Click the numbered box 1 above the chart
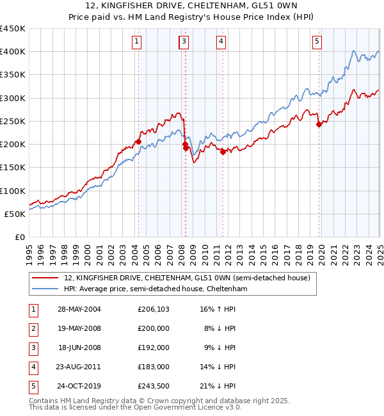pyautogui.click(x=138, y=42)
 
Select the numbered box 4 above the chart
pyautogui.click(x=221, y=42)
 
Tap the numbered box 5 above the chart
pyautogui.click(x=317, y=42)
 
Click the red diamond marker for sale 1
pyautogui.click(x=138, y=141)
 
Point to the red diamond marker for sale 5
pyautogui.click(x=319, y=124)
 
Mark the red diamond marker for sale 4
pyautogui.click(x=223, y=152)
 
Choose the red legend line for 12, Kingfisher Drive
pyautogui.click(x=45, y=278)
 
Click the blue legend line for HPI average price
pyautogui.click(x=45, y=289)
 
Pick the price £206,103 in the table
pyautogui.click(x=154, y=309)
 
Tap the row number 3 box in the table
pyautogui.click(x=33, y=348)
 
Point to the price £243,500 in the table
pyautogui.click(x=154, y=387)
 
